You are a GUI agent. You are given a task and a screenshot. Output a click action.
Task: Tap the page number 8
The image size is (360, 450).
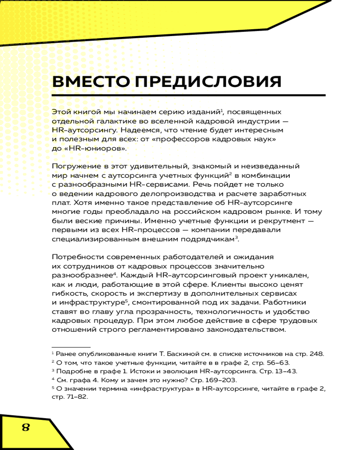click(26, 427)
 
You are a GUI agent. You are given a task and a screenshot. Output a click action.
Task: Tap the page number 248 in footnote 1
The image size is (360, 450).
click(316, 354)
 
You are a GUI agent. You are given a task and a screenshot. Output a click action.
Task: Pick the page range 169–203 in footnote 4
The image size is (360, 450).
click(211, 380)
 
